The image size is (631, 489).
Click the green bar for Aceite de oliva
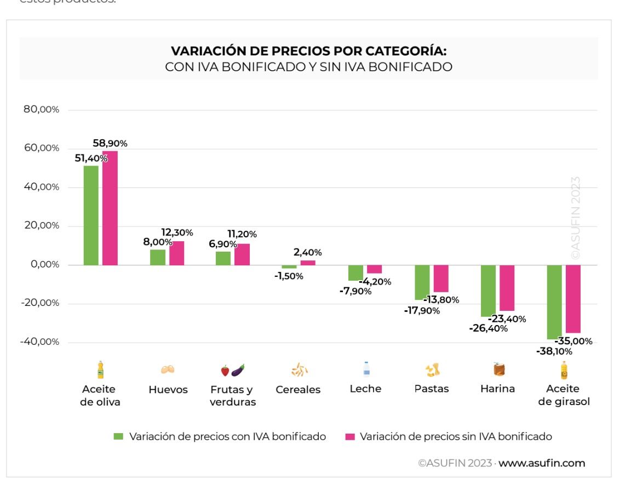[x=91, y=215]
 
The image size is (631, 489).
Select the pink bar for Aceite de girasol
[x=573, y=299]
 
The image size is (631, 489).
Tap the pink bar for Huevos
[x=176, y=253]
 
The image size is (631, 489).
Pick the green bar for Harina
[x=488, y=291]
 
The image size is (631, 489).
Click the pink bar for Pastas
[x=441, y=278]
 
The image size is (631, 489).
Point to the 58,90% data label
[x=110, y=144]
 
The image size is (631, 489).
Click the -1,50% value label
[x=289, y=276]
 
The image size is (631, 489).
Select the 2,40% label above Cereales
[x=307, y=253]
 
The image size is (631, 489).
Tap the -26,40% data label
[x=489, y=328]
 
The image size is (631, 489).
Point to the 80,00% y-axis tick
[x=41, y=110]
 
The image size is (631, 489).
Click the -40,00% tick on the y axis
[x=39, y=342]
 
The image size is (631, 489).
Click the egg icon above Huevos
[x=168, y=370]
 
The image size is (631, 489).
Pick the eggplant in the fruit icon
[x=238, y=370]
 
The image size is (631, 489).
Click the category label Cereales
[x=298, y=390]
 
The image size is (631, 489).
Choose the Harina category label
[x=497, y=389]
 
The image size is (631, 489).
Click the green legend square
[x=118, y=437]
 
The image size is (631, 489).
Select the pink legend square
[x=350, y=437]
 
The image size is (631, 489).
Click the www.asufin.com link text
[x=541, y=463]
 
